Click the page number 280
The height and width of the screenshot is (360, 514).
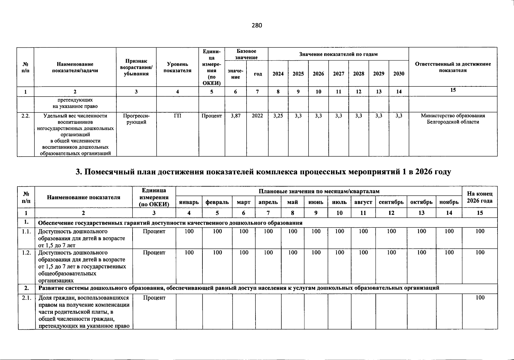(257, 25)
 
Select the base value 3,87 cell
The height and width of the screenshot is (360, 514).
(236, 116)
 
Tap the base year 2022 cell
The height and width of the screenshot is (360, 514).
(257, 116)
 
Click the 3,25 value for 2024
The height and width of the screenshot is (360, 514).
(278, 116)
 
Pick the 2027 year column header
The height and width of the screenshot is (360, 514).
(339, 74)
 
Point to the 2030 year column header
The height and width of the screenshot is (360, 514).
(399, 74)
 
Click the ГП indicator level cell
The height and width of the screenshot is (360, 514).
(178, 116)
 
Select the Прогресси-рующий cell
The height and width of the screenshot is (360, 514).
(136, 119)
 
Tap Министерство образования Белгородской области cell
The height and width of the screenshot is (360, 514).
(453, 119)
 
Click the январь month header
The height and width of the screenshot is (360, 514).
(189, 202)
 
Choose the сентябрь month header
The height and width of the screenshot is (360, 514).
(391, 202)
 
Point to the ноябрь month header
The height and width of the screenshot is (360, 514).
(449, 202)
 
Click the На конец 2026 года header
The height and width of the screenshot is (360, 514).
(480, 197)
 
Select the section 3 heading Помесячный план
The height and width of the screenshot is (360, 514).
(263, 172)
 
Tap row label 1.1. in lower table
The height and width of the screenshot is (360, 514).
(26, 232)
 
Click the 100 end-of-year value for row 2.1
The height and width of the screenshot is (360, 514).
(480, 298)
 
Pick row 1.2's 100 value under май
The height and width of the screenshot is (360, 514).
(292, 253)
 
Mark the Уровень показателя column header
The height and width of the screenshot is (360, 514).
(178, 67)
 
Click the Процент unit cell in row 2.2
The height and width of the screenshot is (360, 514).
(212, 116)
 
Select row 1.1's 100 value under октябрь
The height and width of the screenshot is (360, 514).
(421, 231)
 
